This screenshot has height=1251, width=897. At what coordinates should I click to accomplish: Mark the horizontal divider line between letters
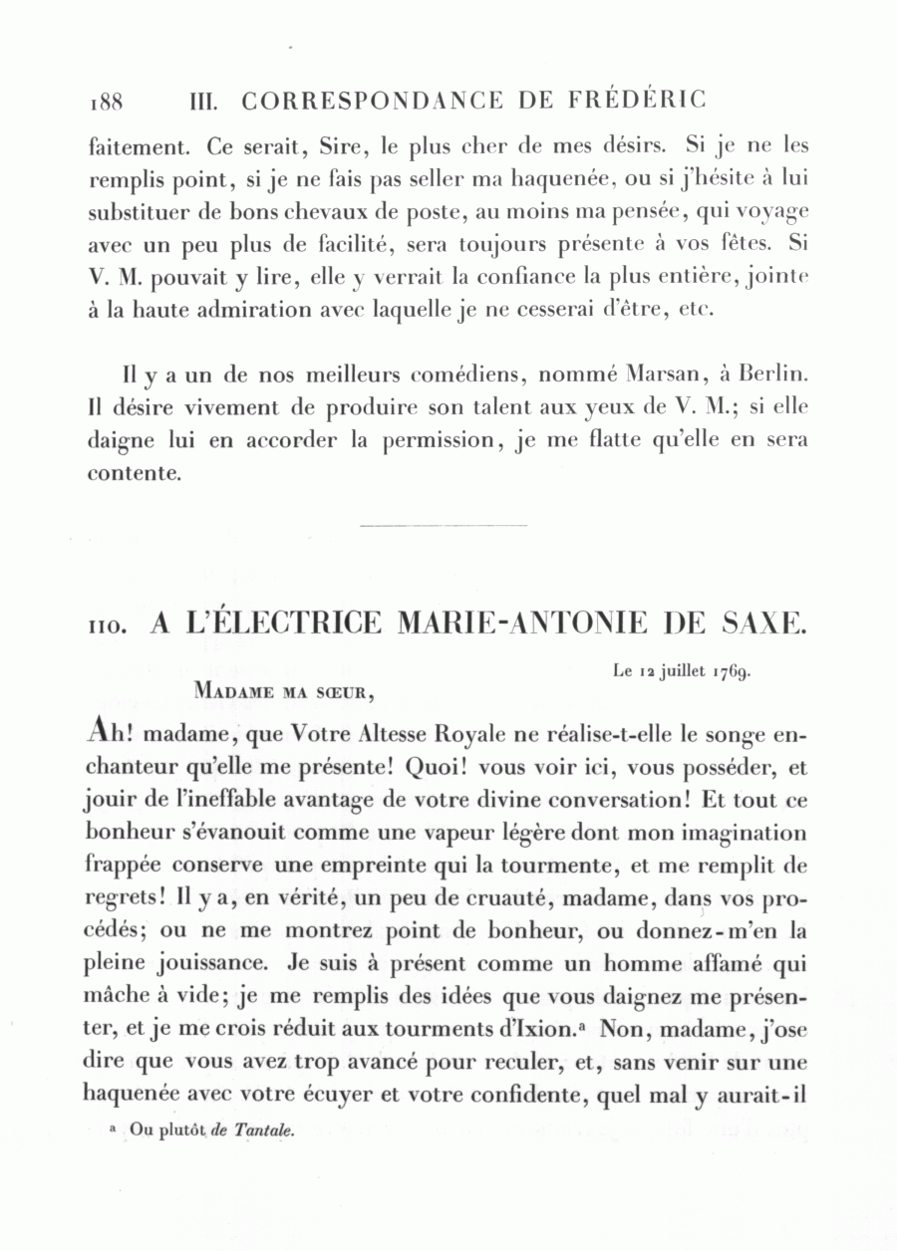443,525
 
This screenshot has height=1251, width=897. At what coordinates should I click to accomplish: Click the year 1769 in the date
731,671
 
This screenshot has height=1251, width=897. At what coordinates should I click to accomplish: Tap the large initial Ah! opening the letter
110,733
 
